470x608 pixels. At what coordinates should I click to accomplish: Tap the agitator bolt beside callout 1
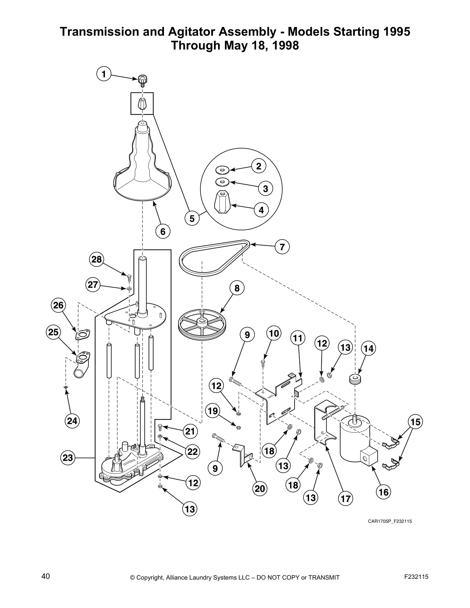click(143, 81)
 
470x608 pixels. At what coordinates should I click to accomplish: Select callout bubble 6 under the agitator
click(163, 231)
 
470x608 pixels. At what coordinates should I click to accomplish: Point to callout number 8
click(237, 288)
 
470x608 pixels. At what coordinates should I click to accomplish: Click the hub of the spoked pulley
click(201, 321)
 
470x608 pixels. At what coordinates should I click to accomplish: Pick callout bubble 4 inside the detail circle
click(261, 210)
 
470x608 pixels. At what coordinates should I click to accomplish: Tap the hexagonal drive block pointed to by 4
click(222, 201)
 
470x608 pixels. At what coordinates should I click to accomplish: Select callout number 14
click(368, 349)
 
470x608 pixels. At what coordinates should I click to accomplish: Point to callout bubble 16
click(383, 492)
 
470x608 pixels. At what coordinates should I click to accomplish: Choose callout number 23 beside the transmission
click(68, 458)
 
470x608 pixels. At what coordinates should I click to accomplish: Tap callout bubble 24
click(72, 421)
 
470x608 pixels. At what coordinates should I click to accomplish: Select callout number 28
click(96, 259)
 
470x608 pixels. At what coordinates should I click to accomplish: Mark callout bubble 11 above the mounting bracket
click(298, 338)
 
